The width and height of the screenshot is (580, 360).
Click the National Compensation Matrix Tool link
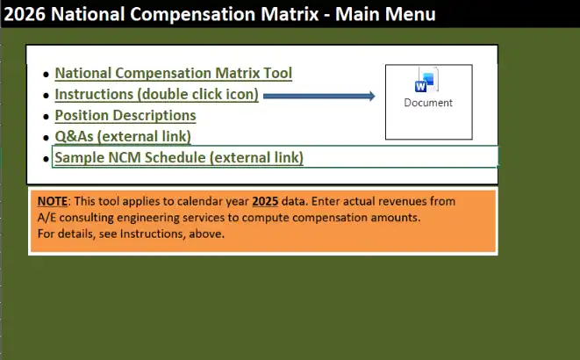tap(173, 74)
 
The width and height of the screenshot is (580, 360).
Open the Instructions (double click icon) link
tap(156, 95)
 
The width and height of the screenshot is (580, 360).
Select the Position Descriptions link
tap(125, 116)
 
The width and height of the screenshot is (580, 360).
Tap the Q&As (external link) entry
tap(122, 136)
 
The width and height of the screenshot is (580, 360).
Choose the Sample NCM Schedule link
tap(179, 157)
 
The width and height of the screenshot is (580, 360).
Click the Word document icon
tap(427, 82)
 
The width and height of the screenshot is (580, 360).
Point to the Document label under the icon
tap(428, 103)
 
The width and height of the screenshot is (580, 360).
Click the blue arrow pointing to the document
tap(319, 96)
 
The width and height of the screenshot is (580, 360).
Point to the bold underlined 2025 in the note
tap(265, 200)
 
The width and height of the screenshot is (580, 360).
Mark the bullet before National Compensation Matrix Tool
tap(47, 75)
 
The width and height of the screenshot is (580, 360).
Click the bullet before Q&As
tap(47, 137)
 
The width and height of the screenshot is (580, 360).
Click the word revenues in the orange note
tap(397, 200)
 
